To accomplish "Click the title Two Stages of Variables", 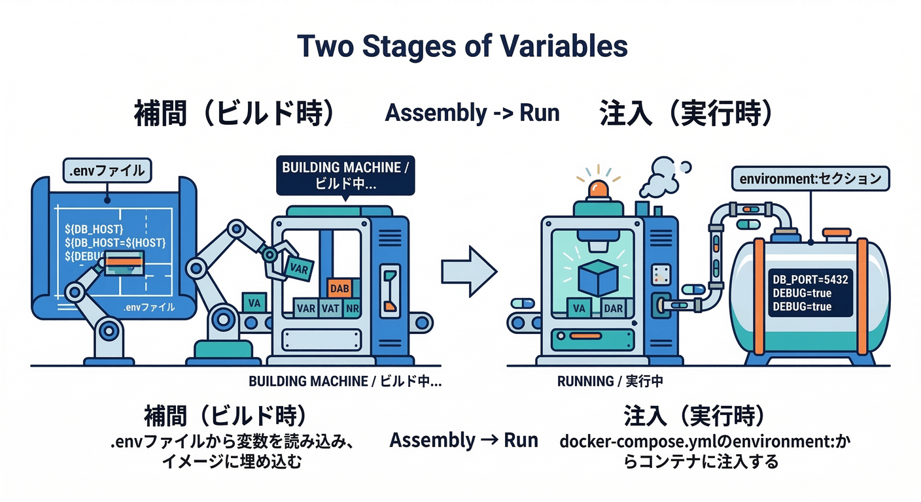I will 462,46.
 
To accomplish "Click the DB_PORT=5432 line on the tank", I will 810,280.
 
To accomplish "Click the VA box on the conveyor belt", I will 252,303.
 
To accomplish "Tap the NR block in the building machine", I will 352,308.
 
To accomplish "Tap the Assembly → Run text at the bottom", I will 463,441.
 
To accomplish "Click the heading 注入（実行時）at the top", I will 686,113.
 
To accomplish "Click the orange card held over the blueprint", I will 124,261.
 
